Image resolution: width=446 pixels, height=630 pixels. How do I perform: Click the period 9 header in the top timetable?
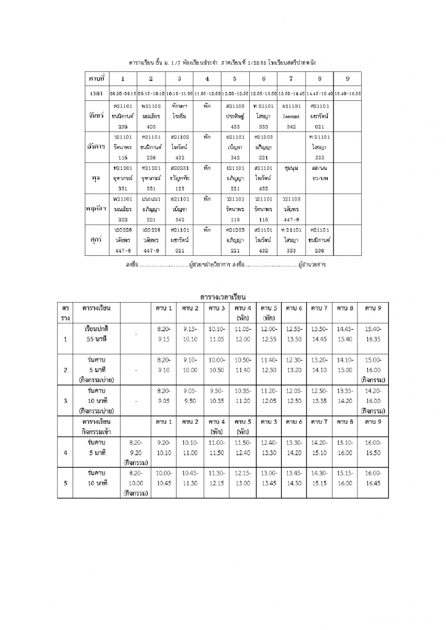click(x=348, y=79)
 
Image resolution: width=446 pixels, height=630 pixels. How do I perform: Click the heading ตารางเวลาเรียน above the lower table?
click(x=223, y=297)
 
